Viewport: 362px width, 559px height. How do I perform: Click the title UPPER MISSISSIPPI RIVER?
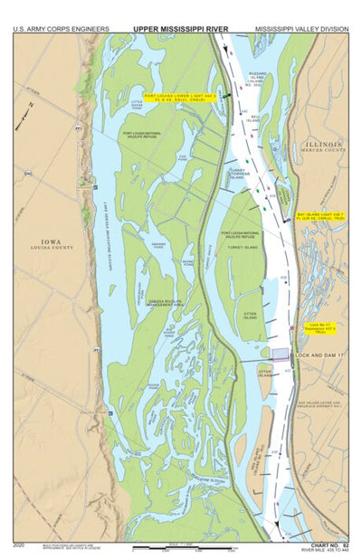(181, 28)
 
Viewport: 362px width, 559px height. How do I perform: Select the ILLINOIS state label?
(324, 145)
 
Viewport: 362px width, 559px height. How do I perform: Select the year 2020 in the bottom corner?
(20, 545)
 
